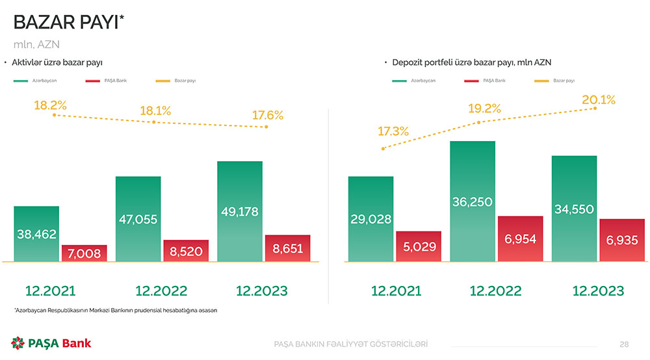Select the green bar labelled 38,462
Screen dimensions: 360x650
pyautogui.click(x=37, y=234)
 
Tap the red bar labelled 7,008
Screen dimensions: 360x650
pyautogui.click(x=84, y=253)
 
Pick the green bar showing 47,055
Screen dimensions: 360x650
pyautogui.click(x=138, y=219)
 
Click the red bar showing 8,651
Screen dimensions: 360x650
pyautogui.click(x=288, y=248)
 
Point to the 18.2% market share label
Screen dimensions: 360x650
pyautogui.click(x=51, y=105)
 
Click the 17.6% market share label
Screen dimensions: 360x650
pyautogui.click(x=268, y=116)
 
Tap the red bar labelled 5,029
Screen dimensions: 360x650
pyautogui.click(x=419, y=246)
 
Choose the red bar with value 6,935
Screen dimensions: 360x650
pyautogui.click(x=622, y=240)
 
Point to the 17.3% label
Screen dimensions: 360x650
pyautogui.click(x=393, y=131)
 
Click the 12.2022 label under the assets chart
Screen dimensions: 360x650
pyautogui.click(x=161, y=290)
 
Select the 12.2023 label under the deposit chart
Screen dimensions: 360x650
pyautogui.click(x=598, y=290)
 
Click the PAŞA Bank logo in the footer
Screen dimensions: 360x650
pyautogui.click(x=51, y=343)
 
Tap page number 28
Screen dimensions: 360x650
pyautogui.click(x=624, y=344)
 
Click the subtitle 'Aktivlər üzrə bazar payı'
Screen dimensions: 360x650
pyautogui.click(x=57, y=62)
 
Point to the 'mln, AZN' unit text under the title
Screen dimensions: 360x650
pyautogui.click(x=36, y=44)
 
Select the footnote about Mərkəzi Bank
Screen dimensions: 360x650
pyautogui.click(x=115, y=310)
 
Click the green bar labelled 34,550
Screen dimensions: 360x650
pyautogui.click(x=574, y=209)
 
